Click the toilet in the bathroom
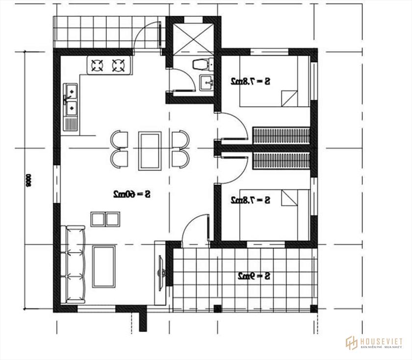(x=202, y=64)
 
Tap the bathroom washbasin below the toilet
(x=207, y=82)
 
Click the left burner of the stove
(x=97, y=65)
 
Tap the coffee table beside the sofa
(x=104, y=266)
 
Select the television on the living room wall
(x=160, y=273)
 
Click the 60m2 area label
(x=131, y=194)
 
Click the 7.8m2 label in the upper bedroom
(x=251, y=81)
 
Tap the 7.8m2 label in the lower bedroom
(x=251, y=200)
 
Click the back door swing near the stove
(x=149, y=34)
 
